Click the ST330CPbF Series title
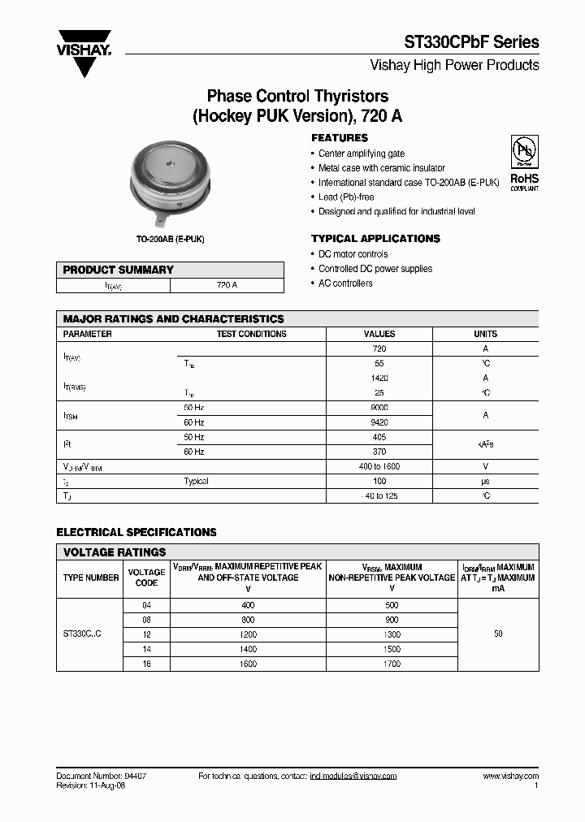coord(471,42)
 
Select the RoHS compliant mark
coord(524,181)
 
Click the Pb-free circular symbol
coord(524,154)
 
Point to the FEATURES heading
coord(340,138)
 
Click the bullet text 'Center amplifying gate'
coord(361,154)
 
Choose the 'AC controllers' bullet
coord(345,283)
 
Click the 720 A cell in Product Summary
coord(227,286)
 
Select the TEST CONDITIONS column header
coord(251,334)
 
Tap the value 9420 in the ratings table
coord(379,422)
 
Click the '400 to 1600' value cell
coord(379,466)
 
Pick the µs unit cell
coord(485,481)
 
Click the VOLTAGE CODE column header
coord(146,578)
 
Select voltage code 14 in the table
coord(146,649)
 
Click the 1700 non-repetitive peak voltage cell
coord(392,664)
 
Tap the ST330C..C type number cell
coord(82,634)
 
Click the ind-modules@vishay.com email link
coord(353,777)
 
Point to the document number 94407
coord(130,777)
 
